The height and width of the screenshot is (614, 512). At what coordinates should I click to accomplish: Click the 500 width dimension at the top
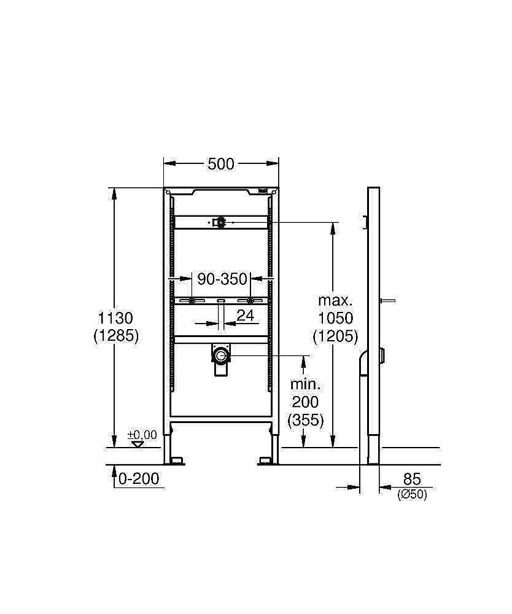(221, 164)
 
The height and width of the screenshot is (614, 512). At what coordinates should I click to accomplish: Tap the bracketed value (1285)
(116, 335)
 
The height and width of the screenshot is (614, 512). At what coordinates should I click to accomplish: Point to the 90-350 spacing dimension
(222, 279)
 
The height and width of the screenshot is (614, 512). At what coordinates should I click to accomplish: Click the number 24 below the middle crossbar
(245, 316)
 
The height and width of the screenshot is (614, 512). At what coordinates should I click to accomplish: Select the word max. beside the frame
(335, 301)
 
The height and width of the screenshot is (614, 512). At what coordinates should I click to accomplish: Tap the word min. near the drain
(305, 385)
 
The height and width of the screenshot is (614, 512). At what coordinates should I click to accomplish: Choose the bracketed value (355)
(305, 420)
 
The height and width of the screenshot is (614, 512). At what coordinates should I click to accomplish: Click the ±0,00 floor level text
(142, 435)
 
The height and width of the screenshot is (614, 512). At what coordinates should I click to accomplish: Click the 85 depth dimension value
(411, 478)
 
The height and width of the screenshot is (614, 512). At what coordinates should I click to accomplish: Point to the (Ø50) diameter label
(411, 494)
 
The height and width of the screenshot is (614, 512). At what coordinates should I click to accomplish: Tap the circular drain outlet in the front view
(220, 354)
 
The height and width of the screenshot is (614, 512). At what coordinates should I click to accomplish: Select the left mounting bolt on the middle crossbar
(193, 301)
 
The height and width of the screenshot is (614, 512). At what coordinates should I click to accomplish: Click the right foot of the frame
(266, 460)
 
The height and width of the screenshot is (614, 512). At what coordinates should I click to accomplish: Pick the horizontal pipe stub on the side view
(387, 301)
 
